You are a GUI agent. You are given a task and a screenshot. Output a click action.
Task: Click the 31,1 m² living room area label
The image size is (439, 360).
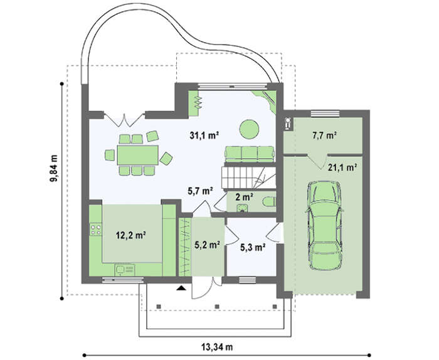(204, 135)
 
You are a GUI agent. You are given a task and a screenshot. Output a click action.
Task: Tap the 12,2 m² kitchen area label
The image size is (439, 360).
(131, 235)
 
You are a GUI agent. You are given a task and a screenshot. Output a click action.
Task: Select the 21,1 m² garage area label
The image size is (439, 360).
(342, 167)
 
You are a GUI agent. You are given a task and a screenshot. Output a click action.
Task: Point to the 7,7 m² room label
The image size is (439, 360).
(324, 135)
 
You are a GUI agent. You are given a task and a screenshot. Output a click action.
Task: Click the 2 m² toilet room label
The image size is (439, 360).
(245, 197)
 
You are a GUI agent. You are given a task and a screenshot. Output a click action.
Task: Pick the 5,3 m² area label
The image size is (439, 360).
(253, 247)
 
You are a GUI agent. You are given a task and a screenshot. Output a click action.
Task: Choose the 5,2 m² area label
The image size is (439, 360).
(207, 245)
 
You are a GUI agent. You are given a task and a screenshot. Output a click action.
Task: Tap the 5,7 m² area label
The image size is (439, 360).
(200, 191)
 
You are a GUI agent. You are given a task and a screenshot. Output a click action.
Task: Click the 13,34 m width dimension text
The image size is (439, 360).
(217, 347)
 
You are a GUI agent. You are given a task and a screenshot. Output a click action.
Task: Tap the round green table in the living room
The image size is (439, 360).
(249, 129)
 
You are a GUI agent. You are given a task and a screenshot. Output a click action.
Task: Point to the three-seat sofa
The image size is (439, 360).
(249, 154)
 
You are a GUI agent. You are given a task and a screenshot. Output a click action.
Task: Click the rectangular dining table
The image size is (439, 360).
(138, 155)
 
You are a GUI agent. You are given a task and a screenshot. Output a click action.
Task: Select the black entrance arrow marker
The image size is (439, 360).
(181, 288)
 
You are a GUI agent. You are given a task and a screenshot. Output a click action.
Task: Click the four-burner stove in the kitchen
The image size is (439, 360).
(95, 230)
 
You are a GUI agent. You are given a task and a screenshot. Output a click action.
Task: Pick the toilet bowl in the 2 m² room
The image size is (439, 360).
(269, 201)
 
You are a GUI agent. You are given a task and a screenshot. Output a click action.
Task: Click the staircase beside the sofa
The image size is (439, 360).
(248, 177)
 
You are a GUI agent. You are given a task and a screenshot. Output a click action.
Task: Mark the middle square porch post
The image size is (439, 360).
(217, 307)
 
